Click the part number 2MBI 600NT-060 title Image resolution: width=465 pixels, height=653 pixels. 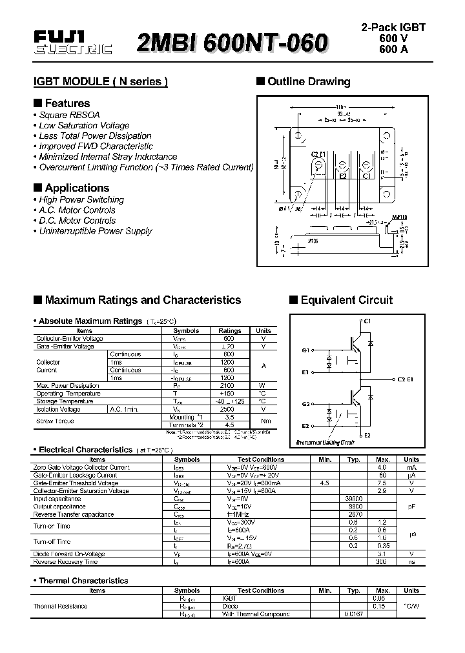232,43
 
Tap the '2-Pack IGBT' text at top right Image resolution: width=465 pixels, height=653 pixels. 393,28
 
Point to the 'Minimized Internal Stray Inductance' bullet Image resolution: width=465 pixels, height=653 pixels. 108,157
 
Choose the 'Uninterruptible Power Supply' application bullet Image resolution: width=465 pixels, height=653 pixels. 96,231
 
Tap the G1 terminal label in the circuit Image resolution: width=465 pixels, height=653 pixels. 305,350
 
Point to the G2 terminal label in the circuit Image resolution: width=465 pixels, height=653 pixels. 305,404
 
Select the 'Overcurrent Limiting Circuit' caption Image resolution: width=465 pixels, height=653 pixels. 325,443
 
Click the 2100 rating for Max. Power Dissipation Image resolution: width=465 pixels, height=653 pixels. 228,385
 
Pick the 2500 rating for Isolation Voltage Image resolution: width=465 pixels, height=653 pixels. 228,409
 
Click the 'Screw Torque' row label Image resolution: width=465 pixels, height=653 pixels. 55,421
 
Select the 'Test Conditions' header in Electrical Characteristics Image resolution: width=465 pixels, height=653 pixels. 261,459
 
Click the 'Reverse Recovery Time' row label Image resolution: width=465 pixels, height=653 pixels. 65,562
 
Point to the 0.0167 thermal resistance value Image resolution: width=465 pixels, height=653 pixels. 353,614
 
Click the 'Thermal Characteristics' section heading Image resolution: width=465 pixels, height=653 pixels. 83,581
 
